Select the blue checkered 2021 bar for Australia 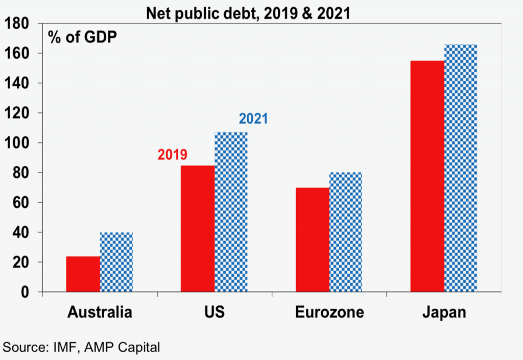click(x=116, y=262)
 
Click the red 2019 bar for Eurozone click(x=313, y=240)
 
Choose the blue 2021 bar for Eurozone click(x=346, y=232)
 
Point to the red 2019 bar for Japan click(x=427, y=176)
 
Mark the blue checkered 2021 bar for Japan click(x=461, y=169)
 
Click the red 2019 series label click(x=172, y=155)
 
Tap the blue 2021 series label click(x=253, y=119)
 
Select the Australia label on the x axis click(x=100, y=312)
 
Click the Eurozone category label click(x=329, y=312)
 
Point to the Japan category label click(x=444, y=312)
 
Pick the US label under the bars click(x=215, y=312)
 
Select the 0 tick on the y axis click(x=26, y=292)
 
